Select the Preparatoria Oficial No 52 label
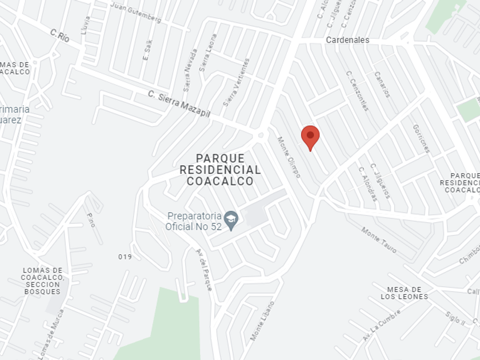[193, 221]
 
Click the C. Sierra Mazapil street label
[179, 104]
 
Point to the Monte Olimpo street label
[289, 157]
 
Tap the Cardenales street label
[347, 40]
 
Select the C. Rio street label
[59, 36]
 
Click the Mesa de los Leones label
[404, 293]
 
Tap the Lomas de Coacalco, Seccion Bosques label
[42, 281]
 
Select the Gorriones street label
[420, 138]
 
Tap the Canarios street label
[382, 84]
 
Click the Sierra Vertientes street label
[236, 82]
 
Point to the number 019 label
[125, 257]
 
